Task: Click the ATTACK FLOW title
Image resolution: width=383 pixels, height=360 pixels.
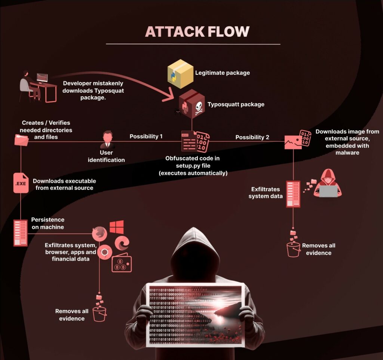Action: (197, 31)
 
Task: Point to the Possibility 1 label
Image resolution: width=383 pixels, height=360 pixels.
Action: (146, 137)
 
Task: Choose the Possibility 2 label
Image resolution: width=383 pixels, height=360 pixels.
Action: (252, 137)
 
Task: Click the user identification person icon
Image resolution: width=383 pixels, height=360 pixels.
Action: (107, 140)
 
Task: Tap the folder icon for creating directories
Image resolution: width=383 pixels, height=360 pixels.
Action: (22, 140)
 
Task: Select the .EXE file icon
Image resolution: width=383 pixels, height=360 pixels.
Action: (21, 183)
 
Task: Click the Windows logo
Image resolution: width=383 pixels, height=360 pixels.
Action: (116, 227)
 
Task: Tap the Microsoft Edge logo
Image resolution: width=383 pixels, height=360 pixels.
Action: (122, 244)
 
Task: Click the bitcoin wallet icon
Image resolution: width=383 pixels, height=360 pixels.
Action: (122, 264)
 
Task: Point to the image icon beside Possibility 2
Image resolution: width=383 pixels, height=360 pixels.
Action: (293, 142)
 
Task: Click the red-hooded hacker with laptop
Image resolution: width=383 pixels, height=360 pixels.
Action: (327, 184)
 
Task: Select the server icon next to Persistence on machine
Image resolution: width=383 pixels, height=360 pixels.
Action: (21, 233)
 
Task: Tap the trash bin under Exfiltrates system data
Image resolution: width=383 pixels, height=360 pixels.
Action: (294, 248)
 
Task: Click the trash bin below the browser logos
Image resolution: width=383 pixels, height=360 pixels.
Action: (99, 312)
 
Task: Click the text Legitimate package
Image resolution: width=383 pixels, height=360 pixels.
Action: (222, 73)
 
